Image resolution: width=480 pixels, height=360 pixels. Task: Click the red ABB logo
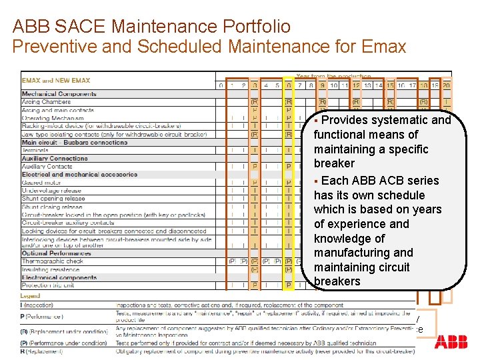(x=451, y=343)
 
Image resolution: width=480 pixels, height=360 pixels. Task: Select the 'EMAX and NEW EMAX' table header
(x=56, y=81)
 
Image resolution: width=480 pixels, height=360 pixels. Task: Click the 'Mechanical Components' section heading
(x=59, y=94)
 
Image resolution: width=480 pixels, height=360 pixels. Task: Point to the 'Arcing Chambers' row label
(x=46, y=101)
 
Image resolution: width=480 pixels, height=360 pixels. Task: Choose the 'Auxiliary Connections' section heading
(x=55, y=158)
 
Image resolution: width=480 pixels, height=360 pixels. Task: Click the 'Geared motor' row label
(x=41, y=182)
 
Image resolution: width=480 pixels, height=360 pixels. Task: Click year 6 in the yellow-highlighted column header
(x=289, y=85)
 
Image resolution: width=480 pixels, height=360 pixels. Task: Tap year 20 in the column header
(x=446, y=85)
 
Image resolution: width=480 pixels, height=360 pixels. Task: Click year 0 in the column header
(x=221, y=85)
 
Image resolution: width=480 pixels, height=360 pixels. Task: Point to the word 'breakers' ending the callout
(x=337, y=281)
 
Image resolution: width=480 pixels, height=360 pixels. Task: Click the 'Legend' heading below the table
(x=31, y=295)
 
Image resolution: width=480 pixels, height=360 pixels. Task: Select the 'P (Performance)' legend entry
(x=43, y=316)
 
